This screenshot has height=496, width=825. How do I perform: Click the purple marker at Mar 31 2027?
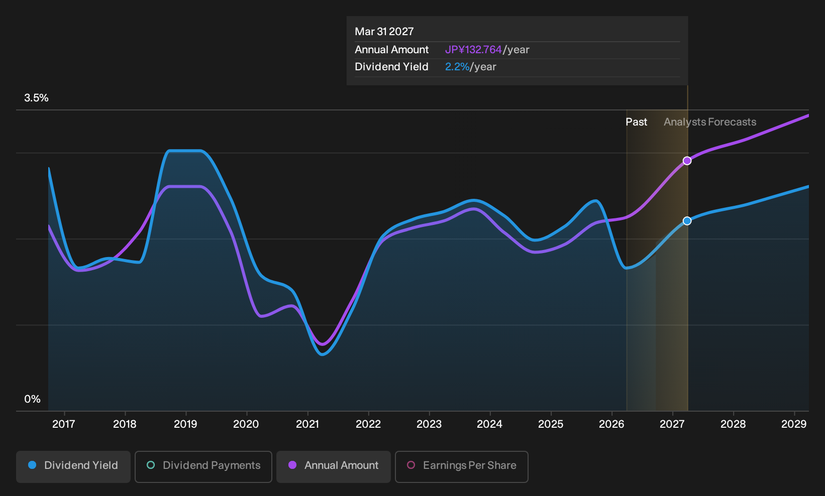click(687, 161)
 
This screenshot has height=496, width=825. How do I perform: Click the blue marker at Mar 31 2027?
click(687, 221)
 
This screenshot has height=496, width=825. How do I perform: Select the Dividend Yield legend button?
click(73, 466)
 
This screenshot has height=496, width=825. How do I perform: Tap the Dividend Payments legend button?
click(203, 466)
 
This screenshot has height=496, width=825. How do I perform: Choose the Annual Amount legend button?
click(333, 466)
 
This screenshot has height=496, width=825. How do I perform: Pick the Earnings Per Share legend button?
click(461, 466)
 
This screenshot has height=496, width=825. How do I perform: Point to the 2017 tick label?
click(64, 424)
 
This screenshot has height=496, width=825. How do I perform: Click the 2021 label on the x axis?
click(307, 424)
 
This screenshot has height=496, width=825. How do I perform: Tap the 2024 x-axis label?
click(489, 424)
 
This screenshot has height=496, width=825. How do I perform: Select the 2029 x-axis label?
click(794, 424)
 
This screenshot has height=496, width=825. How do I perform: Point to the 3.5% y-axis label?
click(36, 98)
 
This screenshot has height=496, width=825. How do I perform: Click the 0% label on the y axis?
click(33, 399)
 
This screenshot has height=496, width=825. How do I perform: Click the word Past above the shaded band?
click(637, 122)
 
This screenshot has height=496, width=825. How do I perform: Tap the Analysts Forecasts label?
click(710, 122)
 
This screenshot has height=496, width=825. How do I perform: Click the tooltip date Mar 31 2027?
click(384, 32)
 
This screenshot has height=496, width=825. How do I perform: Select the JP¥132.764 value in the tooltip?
click(473, 50)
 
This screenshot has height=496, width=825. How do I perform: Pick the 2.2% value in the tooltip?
click(457, 67)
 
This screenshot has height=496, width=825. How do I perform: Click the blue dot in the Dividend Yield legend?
click(33, 465)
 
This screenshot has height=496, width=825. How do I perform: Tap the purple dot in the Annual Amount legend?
click(292, 465)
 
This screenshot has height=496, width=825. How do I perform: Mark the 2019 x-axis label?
click(185, 424)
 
